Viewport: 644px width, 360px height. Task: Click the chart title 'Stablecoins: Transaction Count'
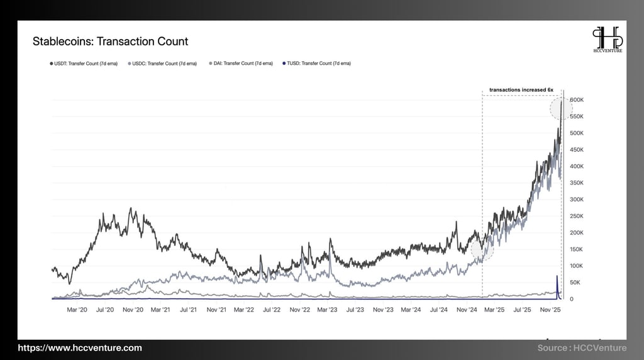pyautogui.click(x=110, y=42)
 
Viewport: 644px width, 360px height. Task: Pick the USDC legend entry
pyautogui.click(x=162, y=64)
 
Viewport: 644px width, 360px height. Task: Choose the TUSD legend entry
pyautogui.click(x=316, y=64)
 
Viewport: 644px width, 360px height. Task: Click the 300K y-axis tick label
pyautogui.click(x=577, y=200)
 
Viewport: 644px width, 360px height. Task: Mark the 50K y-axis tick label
pyautogui.click(x=575, y=283)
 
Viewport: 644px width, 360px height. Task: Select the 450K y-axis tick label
pyautogui.click(x=577, y=150)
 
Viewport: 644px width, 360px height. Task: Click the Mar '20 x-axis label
pyautogui.click(x=77, y=310)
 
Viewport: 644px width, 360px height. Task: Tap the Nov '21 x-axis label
pyautogui.click(x=216, y=310)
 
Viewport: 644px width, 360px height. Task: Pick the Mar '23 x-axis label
pyautogui.click(x=327, y=310)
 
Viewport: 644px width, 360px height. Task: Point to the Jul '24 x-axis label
pyautogui.click(x=438, y=310)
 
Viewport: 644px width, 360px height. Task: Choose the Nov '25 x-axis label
pyautogui.click(x=551, y=310)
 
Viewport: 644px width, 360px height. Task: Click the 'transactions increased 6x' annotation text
pyautogui.click(x=521, y=90)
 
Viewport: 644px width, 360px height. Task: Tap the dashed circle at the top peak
pyautogui.click(x=561, y=108)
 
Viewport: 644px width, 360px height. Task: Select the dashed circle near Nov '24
pyautogui.click(x=482, y=249)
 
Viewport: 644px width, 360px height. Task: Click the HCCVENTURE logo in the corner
pyautogui.click(x=608, y=39)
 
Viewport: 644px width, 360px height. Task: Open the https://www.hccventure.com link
pyautogui.click(x=80, y=348)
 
